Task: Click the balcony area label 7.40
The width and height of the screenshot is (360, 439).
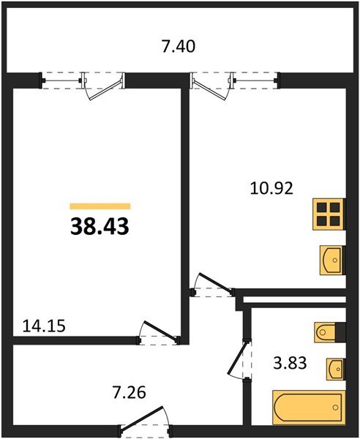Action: tap(179, 47)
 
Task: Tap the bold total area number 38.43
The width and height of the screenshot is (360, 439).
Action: tap(100, 227)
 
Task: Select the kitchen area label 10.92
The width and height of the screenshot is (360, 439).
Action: tap(271, 188)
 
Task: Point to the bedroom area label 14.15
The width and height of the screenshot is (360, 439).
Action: tap(44, 326)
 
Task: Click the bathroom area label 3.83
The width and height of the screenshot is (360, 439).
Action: tap(290, 363)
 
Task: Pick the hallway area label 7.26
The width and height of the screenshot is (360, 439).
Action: tap(129, 392)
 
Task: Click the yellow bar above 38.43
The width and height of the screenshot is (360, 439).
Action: tap(100, 206)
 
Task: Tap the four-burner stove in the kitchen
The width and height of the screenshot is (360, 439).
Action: tap(328, 214)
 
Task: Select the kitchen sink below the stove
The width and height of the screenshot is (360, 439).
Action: tap(331, 260)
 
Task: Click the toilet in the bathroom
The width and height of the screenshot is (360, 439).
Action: tap(325, 332)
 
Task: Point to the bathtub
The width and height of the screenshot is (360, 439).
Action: tap(309, 408)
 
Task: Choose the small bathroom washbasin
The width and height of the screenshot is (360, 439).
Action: tap(335, 369)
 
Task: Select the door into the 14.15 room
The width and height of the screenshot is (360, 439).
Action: tap(159, 332)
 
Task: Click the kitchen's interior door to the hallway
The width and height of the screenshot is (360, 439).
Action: tap(213, 285)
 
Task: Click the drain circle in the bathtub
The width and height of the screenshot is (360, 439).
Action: tap(336, 408)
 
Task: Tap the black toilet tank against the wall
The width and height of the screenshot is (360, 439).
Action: tap(340, 332)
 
